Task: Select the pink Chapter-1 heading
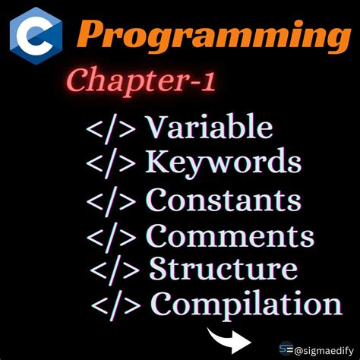141,81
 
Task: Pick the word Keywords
223,163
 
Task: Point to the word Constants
223,201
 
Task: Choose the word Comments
229,236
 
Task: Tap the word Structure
223,269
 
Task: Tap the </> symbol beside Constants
113,201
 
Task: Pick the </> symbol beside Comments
113,237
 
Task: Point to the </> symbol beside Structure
116,270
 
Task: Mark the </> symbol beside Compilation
118,305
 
